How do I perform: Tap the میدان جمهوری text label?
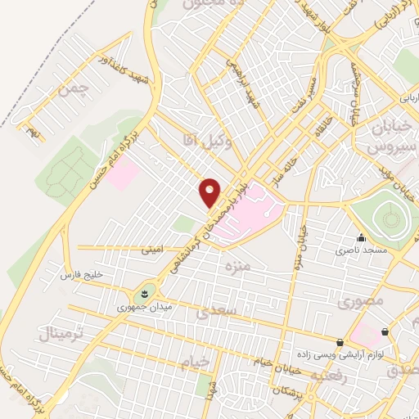[x=133, y=308]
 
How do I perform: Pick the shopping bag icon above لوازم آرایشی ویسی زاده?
[x=340, y=342]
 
